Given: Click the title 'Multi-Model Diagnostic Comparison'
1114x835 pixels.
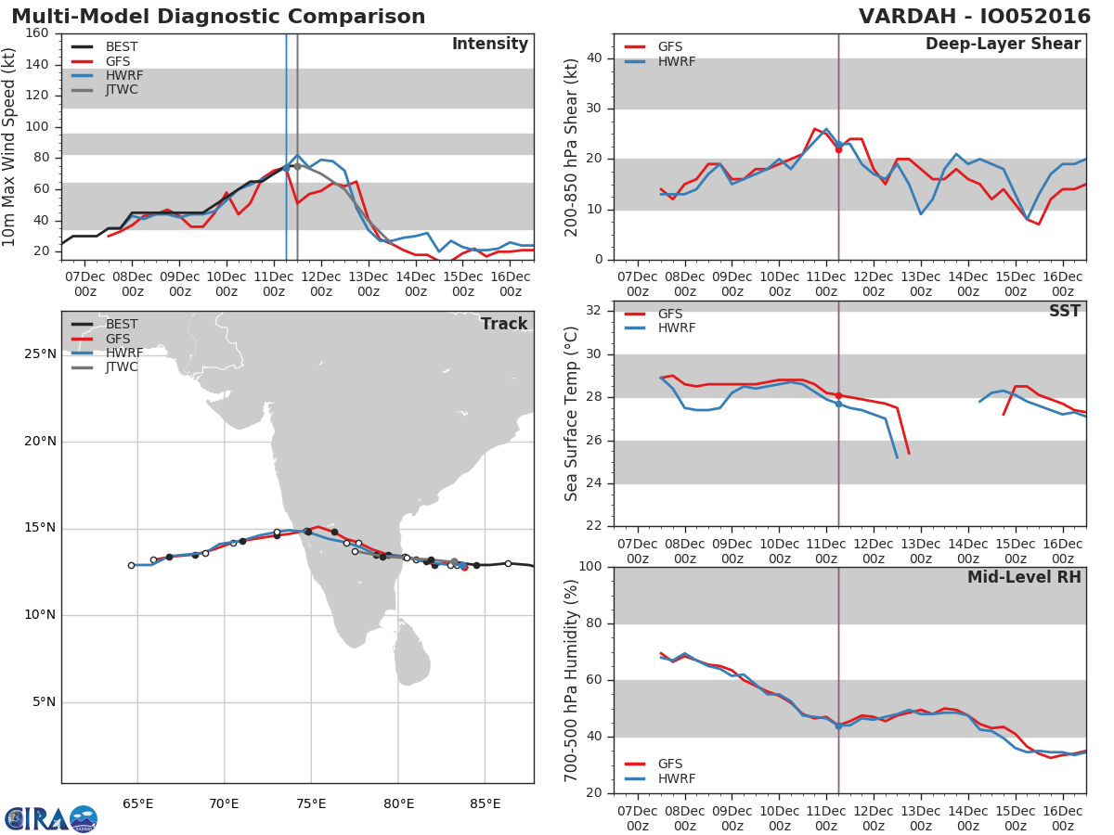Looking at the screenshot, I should tap(218, 17).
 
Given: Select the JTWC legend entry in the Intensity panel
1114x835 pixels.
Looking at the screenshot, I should tap(122, 90).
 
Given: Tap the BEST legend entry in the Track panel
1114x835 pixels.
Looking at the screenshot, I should tap(122, 325).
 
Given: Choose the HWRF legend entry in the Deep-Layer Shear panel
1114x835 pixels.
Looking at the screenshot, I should tap(676, 61).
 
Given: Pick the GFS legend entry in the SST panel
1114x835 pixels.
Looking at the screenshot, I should tap(669, 314).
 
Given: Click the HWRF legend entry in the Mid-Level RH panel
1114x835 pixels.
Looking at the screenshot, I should tap(676, 778).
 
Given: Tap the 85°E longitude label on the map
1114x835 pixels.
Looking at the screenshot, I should tap(485, 803).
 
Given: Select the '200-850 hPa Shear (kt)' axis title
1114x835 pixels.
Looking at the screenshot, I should tap(572, 147).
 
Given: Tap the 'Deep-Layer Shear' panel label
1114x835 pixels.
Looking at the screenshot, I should tap(1003, 45).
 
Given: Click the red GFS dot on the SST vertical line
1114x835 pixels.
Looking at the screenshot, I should tap(838, 395).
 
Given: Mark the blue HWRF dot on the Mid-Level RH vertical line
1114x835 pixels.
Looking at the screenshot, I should tap(838, 726).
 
